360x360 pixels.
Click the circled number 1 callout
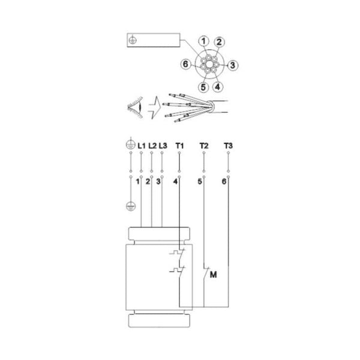click(204, 41)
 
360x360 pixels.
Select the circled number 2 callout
click(220, 42)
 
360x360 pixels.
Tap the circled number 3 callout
click(234, 64)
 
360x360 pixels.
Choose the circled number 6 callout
click(187, 64)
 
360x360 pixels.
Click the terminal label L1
click(141, 146)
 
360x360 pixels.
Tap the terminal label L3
click(163, 146)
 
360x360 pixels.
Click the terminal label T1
click(179, 146)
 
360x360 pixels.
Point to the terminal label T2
click(203, 146)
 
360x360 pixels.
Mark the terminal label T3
click(227, 146)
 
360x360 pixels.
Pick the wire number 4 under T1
click(175, 181)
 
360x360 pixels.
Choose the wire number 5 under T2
click(199, 181)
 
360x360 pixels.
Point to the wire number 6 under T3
click(224, 181)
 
